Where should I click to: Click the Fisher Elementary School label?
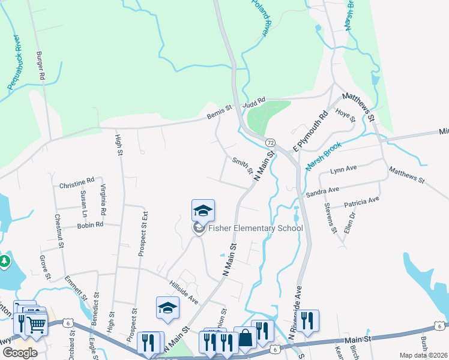click(x=255, y=228)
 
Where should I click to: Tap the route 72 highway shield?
click(x=271, y=142)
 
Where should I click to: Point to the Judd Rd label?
click(x=253, y=103)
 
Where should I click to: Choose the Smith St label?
click(x=243, y=165)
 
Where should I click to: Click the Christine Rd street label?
click(x=77, y=181)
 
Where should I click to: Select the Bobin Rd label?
click(x=90, y=225)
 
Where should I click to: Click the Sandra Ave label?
click(x=322, y=191)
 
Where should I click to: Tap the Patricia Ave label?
click(x=362, y=202)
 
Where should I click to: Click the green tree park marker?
click(x=5, y=262)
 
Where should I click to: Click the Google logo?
click(x=20, y=352)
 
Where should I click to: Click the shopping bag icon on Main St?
click(x=245, y=338)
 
